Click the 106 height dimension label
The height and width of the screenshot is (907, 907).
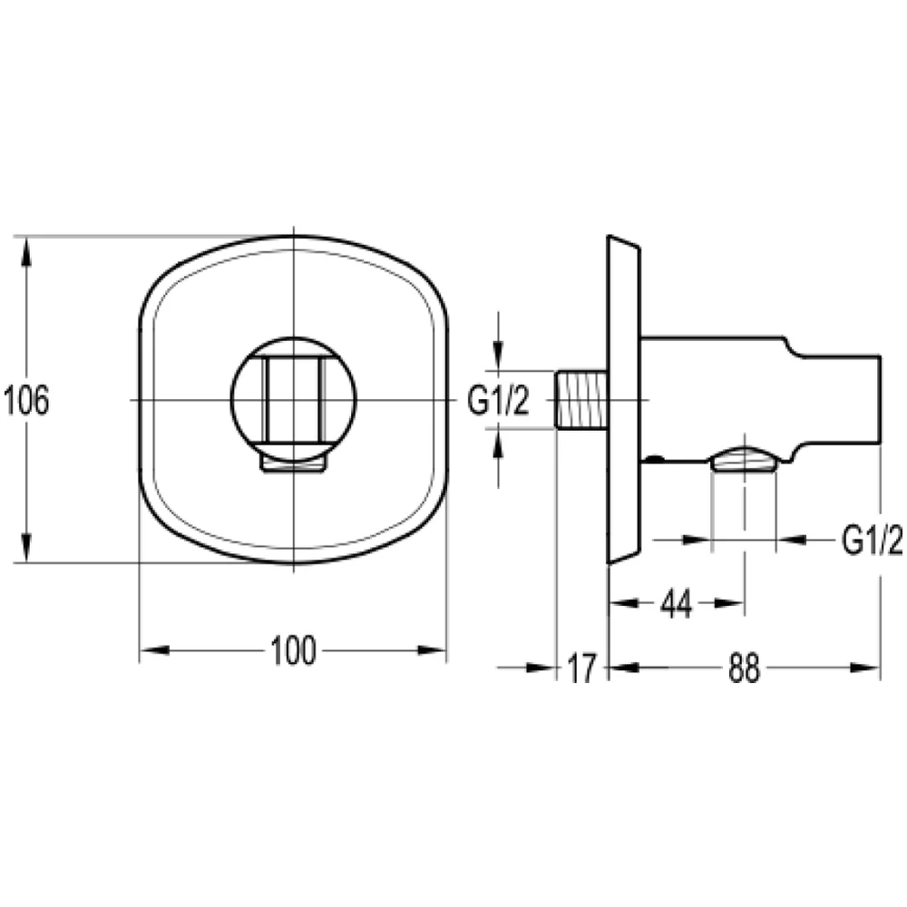pyautogui.click(x=26, y=400)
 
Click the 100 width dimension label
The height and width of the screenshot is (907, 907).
pyautogui.click(x=293, y=649)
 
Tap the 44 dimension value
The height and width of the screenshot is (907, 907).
pyautogui.click(x=677, y=604)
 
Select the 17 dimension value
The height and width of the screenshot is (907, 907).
pyautogui.click(x=580, y=668)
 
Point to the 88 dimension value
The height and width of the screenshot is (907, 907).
pyautogui.click(x=744, y=668)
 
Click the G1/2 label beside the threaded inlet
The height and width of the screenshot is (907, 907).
pyautogui.click(x=498, y=400)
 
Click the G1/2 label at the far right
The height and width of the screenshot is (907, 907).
pyautogui.click(x=872, y=541)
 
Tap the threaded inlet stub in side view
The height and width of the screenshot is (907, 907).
pyautogui.click(x=580, y=400)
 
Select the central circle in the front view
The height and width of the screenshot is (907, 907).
pyautogui.click(x=230, y=400)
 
